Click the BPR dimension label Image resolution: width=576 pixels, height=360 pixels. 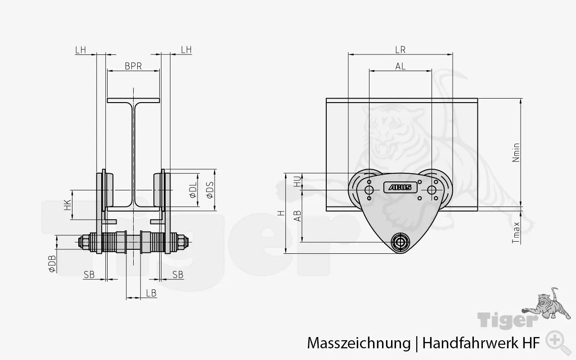click(x=133, y=66)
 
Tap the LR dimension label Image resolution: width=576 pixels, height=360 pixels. click(x=400, y=50)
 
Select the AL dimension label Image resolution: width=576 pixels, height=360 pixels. click(x=400, y=66)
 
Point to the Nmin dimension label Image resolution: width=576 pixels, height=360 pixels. click(x=516, y=153)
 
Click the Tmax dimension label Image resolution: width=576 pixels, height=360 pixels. click(x=516, y=233)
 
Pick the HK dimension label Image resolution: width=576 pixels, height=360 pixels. click(x=67, y=205)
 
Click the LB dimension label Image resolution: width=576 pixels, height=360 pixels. click(x=151, y=293)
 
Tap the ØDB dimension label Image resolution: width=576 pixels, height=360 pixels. click(x=52, y=264)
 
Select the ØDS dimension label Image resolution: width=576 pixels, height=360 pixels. click(x=210, y=190)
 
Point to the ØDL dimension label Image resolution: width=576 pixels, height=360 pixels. click(x=193, y=190)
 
